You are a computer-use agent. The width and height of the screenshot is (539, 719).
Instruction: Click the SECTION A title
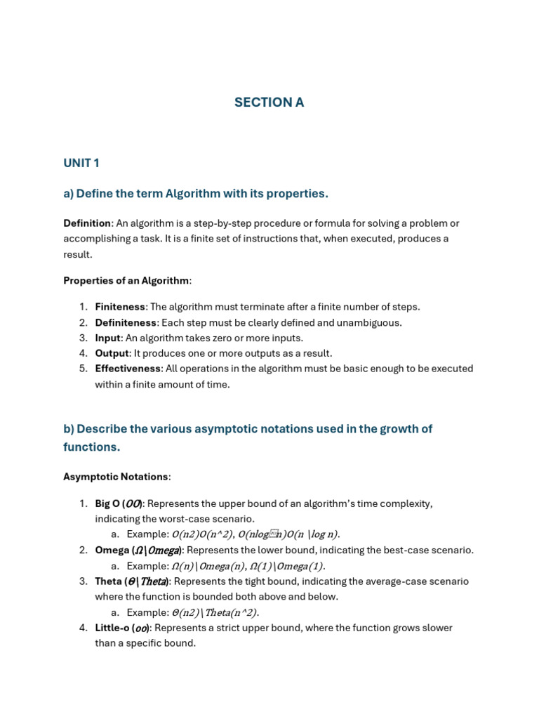point(269,103)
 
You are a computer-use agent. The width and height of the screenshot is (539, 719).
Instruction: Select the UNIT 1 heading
point(81,164)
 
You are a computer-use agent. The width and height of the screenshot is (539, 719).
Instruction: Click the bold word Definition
point(87,223)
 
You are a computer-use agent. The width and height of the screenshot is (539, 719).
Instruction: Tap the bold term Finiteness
point(120,307)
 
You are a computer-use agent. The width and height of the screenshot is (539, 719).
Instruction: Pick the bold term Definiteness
point(126,322)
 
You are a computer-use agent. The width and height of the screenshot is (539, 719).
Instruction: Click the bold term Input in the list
point(108,338)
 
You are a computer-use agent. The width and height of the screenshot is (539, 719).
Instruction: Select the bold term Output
point(112,353)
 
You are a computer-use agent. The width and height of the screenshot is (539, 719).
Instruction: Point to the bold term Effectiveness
point(128,369)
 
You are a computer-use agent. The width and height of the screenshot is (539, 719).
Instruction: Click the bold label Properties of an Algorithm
point(126,281)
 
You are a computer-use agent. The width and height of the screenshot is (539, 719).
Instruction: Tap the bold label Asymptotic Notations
point(116,477)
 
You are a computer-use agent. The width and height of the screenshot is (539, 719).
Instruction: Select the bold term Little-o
point(112,628)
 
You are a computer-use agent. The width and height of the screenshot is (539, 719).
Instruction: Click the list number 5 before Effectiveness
point(83,369)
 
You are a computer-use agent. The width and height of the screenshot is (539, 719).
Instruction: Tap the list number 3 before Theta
point(83,581)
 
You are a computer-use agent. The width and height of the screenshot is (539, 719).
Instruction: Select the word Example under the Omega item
point(147,566)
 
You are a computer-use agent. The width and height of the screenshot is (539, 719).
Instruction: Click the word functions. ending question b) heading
point(92,447)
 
